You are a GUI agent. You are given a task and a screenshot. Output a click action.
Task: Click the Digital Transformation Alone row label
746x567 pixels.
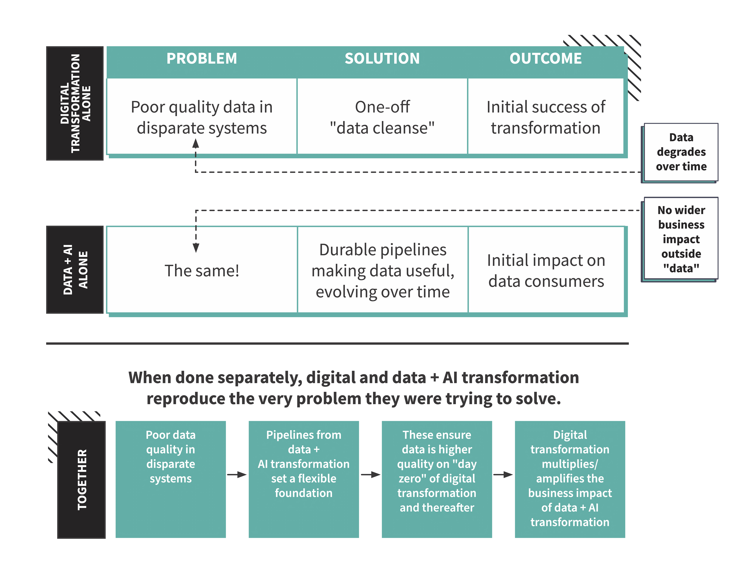[x=75, y=103]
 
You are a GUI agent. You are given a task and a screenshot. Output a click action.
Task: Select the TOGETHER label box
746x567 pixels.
[x=81, y=479]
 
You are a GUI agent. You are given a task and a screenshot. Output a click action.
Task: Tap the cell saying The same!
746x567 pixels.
[x=202, y=271]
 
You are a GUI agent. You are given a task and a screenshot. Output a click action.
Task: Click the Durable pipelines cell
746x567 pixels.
[x=383, y=271]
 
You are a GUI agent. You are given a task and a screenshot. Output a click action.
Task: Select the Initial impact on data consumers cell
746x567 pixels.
[x=546, y=271]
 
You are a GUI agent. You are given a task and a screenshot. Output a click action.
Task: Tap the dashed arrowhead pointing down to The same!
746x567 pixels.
[x=196, y=248]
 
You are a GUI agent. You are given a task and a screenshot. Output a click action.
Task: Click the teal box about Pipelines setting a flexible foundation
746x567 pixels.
[x=304, y=479]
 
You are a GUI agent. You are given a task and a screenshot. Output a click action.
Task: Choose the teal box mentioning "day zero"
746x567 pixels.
[x=437, y=479]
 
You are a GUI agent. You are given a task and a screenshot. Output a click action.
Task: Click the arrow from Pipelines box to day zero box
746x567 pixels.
[x=370, y=475]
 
